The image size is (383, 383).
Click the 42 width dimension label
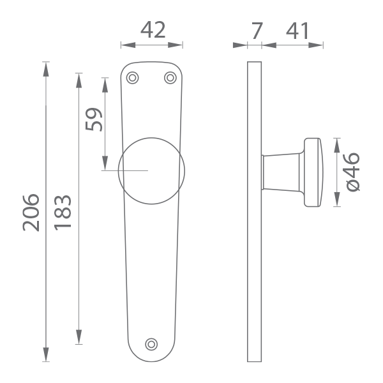tap(153, 30)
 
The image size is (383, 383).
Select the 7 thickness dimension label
tap(257, 31)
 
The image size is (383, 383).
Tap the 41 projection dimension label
tap(297, 31)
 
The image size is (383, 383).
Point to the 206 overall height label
tap(31, 213)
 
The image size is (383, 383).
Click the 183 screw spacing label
tap(63, 213)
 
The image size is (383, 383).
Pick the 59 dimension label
tap(94, 119)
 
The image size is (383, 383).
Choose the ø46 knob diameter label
tap(353, 172)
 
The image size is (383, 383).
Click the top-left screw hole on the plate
tap(132, 78)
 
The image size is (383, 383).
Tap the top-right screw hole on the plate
tap(170, 78)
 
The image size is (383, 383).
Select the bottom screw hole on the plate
tap(151, 345)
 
